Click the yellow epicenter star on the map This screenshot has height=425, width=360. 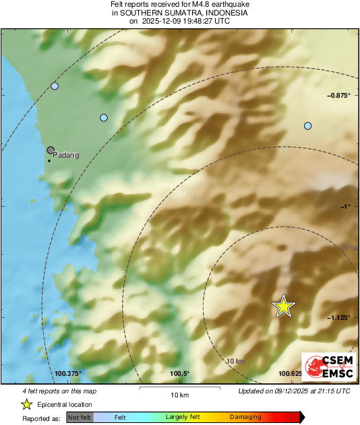click(284, 306)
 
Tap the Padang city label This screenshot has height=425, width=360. click(65, 155)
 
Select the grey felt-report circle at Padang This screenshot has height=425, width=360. click(51, 151)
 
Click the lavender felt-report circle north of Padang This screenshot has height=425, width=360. click(55, 86)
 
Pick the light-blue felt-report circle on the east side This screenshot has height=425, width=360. click(308, 126)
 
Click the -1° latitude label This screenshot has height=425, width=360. click(344, 207)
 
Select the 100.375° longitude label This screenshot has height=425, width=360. click(69, 373)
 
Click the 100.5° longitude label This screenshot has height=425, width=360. click(179, 373)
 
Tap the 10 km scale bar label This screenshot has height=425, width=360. click(179, 394)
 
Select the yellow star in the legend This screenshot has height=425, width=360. click(26, 404)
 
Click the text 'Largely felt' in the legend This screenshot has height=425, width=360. click(181, 418)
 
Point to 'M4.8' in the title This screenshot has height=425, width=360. click(183, 4)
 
